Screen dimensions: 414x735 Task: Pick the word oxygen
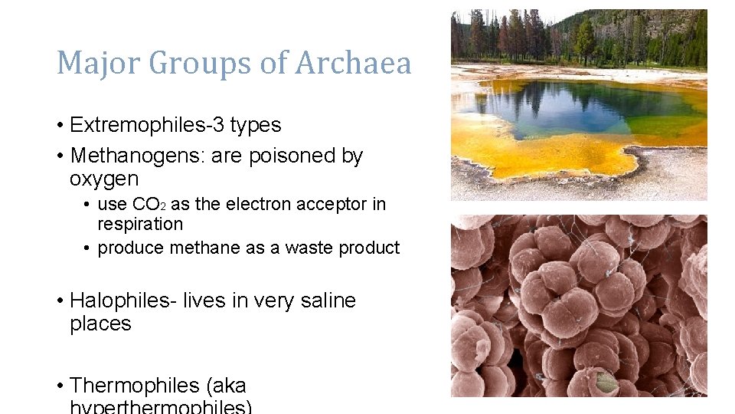tap(104, 179)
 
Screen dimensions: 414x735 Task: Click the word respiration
tap(140, 225)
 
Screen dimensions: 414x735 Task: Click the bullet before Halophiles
tap(60, 301)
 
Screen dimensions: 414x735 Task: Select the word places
tap(100, 324)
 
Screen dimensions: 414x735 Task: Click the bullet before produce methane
tap(89, 248)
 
